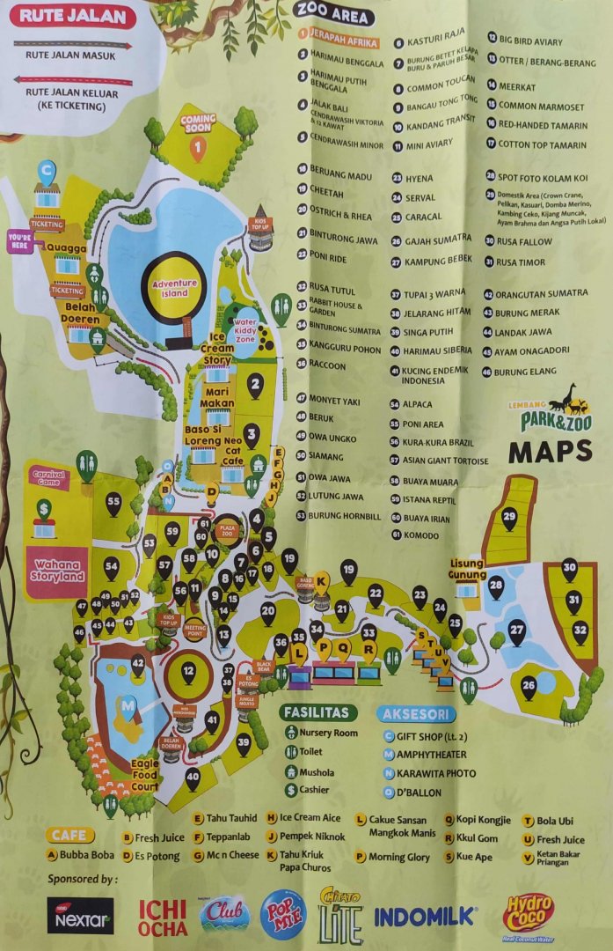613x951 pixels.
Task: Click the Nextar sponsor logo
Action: tap(80, 916)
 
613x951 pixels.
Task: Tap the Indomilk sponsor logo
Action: tap(425, 916)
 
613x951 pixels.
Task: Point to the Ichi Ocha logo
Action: tap(163, 917)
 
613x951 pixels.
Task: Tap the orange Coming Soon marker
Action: tap(198, 141)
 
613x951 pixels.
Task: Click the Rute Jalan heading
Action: tap(77, 16)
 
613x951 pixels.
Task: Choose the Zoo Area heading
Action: tap(334, 13)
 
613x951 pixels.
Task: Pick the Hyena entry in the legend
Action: tap(420, 178)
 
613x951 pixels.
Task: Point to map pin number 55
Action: tap(113, 503)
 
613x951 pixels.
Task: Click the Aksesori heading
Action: tap(416, 714)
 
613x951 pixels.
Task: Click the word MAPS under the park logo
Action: tap(550, 452)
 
